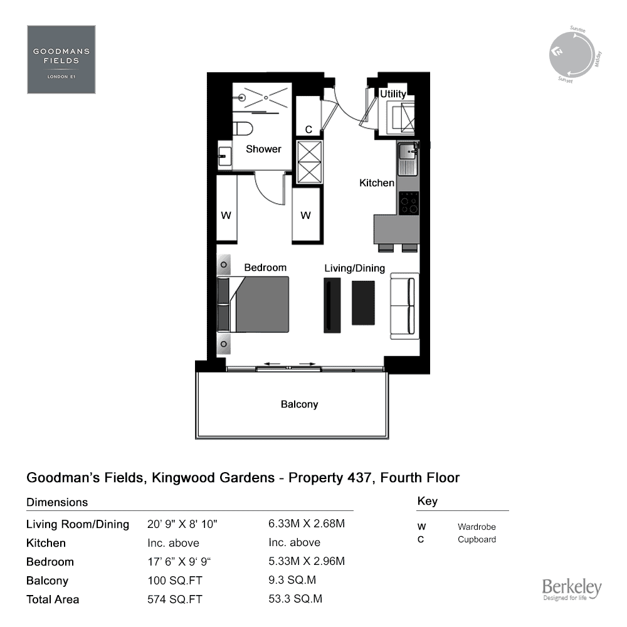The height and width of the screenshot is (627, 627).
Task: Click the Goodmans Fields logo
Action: point(61,60)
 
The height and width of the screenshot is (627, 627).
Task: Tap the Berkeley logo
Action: point(572,589)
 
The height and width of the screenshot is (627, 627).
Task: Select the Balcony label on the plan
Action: point(300,404)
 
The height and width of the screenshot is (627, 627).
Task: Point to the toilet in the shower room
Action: point(243,129)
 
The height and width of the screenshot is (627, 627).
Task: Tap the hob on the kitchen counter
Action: point(409,203)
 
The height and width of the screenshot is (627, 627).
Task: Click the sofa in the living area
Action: point(404,307)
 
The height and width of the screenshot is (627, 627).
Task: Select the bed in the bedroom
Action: point(253,304)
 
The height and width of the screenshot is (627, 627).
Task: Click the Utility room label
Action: point(393,94)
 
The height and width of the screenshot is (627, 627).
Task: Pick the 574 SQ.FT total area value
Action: point(175,599)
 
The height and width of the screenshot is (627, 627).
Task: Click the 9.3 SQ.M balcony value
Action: point(292,580)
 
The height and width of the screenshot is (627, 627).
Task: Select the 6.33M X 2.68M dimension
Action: point(307,524)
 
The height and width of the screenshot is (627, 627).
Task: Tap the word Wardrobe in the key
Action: point(477,527)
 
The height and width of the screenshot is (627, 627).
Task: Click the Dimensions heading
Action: point(57,502)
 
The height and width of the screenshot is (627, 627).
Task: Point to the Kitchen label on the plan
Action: point(377,182)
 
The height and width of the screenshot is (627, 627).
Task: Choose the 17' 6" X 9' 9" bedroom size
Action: point(179,561)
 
